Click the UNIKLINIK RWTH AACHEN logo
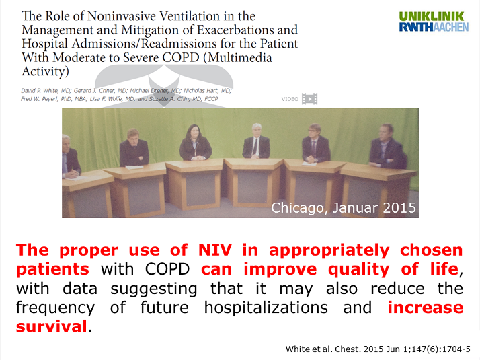click(x=434, y=22)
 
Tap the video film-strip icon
click(x=309, y=99)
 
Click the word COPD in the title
click(x=181, y=57)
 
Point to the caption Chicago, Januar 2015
click(x=344, y=208)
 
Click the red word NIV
click(x=214, y=250)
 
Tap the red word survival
click(x=51, y=326)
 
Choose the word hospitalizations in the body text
click(x=266, y=308)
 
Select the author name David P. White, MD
click(x=46, y=91)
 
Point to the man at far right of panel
click(x=387, y=147)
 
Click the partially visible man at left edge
click(x=71, y=157)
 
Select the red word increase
click(x=425, y=308)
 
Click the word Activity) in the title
click(x=45, y=71)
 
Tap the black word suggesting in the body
click(x=154, y=289)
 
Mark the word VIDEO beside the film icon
click(x=290, y=99)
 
